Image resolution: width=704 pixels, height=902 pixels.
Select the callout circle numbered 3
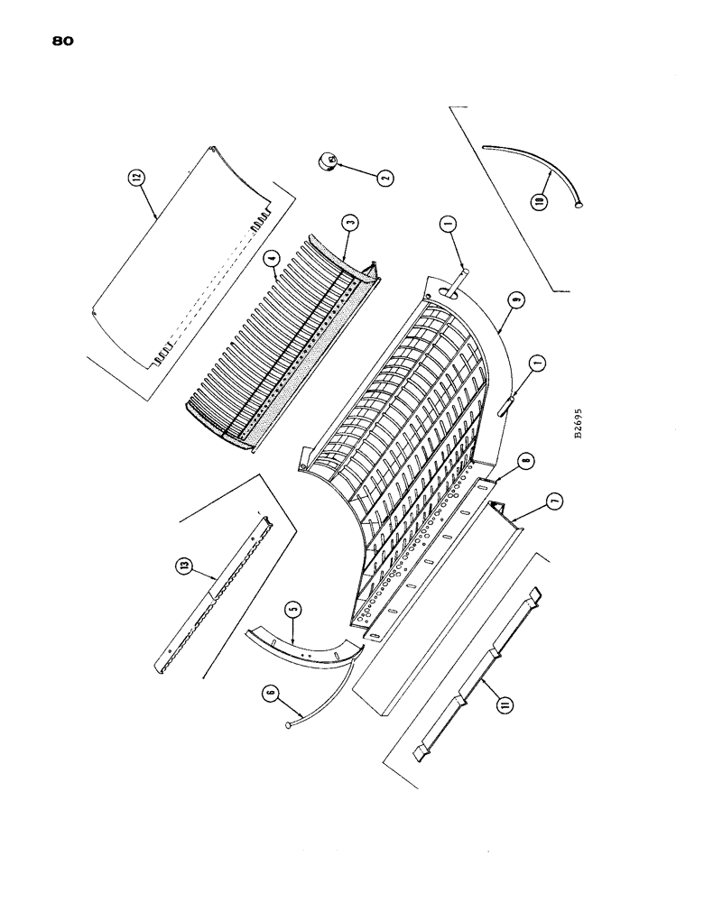[x=349, y=222]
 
